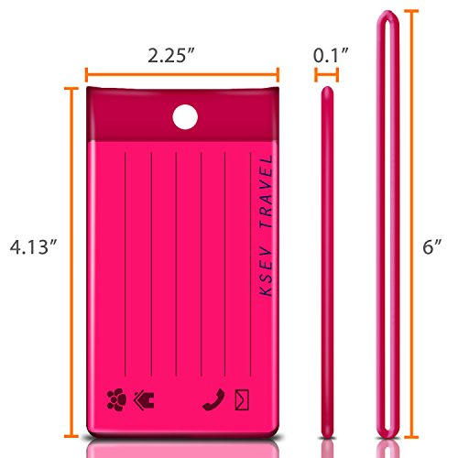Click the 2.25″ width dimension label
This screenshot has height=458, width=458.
tap(171, 56)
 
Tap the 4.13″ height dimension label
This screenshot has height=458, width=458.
tap(33, 246)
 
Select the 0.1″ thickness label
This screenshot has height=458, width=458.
tap(331, 55)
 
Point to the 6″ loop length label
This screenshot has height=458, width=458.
tap(432, 246)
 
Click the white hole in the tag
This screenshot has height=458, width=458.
tap(185, 117)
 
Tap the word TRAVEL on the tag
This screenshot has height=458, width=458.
tap(267, 191)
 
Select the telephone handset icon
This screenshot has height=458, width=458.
tap(213, 399)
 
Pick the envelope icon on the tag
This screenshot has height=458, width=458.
tap(242, 399)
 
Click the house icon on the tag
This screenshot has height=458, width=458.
tap(144, 400)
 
